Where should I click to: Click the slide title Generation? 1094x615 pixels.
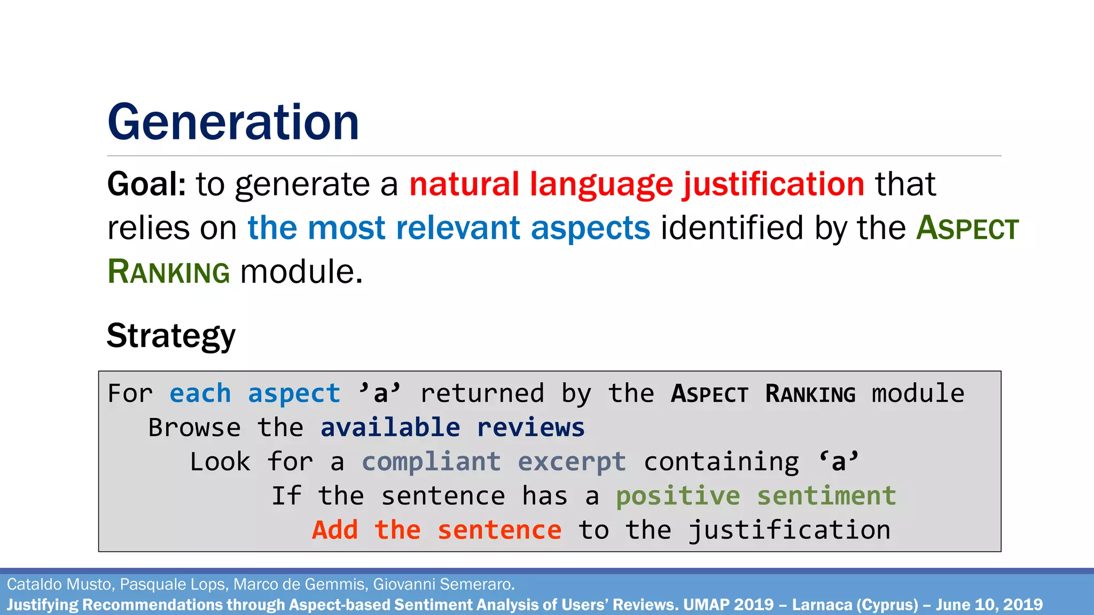coord(233,122)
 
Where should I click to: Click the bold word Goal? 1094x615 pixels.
coord(146,185)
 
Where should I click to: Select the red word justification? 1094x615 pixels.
coord(773,185)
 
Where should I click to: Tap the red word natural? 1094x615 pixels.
coord(464,185)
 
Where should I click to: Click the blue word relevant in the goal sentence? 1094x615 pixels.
coord(458,228)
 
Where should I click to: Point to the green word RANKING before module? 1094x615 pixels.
coord(169,272)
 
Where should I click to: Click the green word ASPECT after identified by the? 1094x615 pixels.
coord(967,228)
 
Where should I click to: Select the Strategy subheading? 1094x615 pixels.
coord(171,336)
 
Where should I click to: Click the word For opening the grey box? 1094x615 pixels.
coord(130,394)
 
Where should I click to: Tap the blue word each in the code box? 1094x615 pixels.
coord(200,394)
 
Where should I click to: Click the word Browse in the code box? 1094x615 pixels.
coord(194,428)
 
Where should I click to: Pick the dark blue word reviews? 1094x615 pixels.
coord(530,428)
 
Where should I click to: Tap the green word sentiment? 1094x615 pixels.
coord(826,496)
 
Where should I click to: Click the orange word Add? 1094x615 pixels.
coord(335,531)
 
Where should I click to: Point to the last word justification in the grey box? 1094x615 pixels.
coord(789,531)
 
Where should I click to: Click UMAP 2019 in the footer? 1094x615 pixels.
coord(728,605)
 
